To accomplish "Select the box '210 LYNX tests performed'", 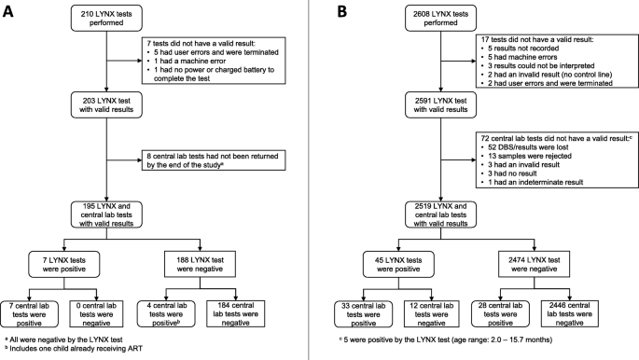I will tap(110, 18).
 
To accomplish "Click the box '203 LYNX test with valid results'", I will tap(110, 104).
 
